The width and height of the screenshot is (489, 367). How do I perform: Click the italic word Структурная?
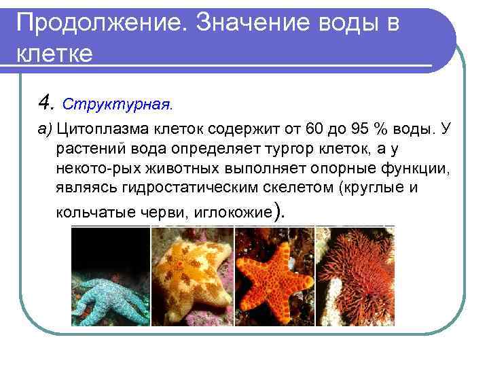coord(117,105)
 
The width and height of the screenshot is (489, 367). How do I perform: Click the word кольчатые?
coord(90,212)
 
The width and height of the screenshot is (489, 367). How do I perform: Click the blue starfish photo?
coord(110,276)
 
